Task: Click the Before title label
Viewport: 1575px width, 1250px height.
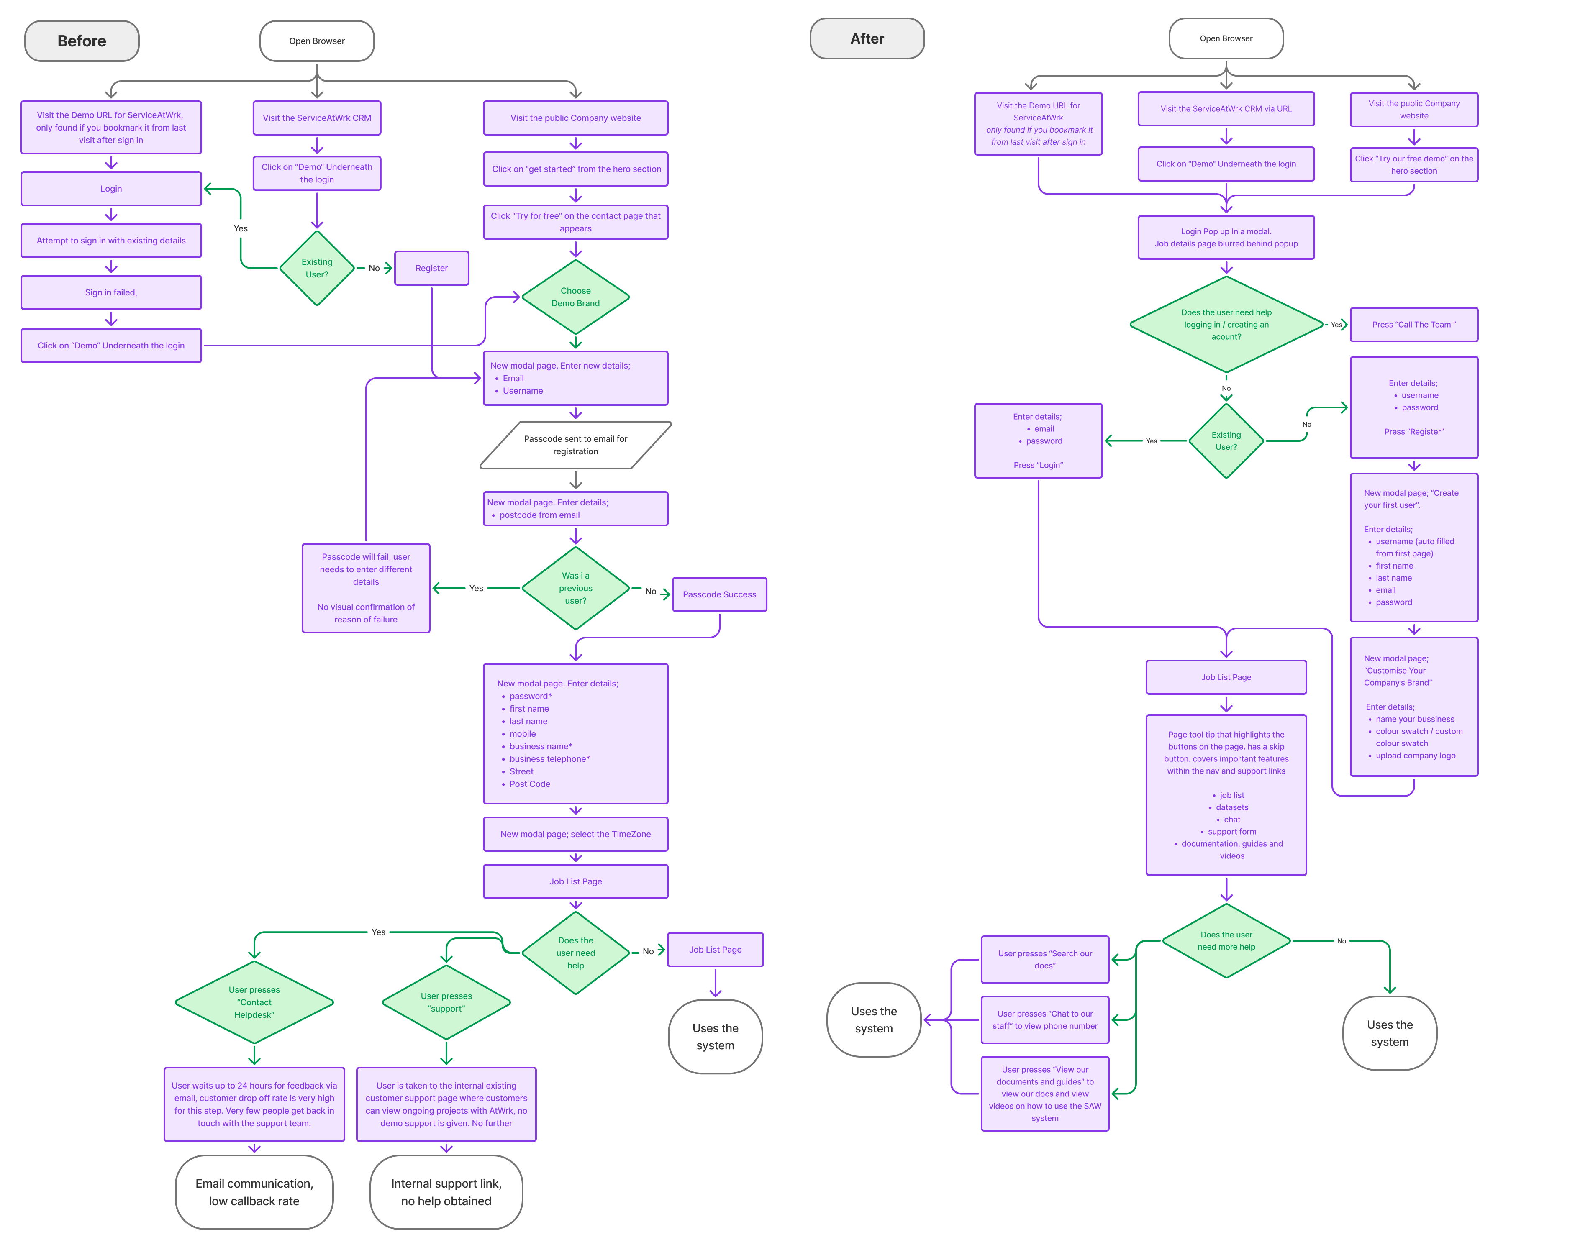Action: click(x=82, y=41)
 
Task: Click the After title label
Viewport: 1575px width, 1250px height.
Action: click(x=867, y=39)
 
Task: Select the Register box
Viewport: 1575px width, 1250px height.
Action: click(x=431, y=268)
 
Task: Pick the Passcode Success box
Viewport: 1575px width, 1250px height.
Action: click(x=719, y=594)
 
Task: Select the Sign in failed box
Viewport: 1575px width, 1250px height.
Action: click(x=111, y=292)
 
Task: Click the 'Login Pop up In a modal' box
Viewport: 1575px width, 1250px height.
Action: click(x=1226, y=237)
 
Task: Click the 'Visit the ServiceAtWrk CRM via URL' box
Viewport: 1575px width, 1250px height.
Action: click(x=1226, y=109)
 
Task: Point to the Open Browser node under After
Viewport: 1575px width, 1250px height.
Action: click(x=1226, y=39)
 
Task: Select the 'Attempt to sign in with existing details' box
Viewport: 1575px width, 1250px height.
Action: click(x=111, y=240)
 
